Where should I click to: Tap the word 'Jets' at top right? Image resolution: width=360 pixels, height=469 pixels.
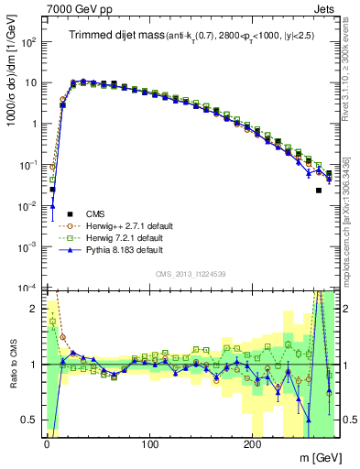pyautogui.click(x=325, y=7)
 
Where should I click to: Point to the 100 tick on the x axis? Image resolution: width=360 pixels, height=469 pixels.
pyautogui.click(x=149, y=442)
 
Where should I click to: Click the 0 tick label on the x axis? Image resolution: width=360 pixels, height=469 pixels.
pyautogui.click(x=47, y=442)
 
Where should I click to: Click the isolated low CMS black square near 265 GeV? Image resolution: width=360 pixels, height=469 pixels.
pyautogui.click(x=319, y=191)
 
